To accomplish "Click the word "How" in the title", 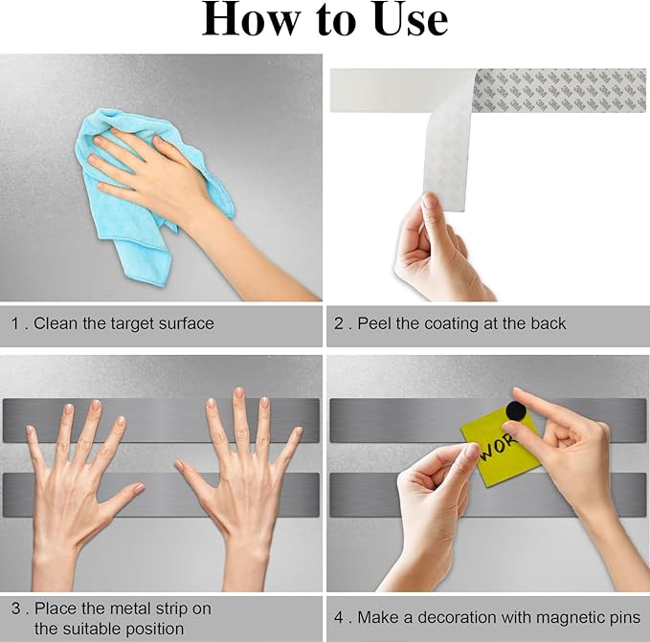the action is click(251, 19).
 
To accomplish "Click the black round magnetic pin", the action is click(516, 412).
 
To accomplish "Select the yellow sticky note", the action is click(500, 450).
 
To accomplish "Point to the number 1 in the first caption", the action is click(15, 324).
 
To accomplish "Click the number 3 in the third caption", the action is click(16, 609).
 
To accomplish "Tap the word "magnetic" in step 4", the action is click(567, 618).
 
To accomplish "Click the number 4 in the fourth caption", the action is click(339, 618).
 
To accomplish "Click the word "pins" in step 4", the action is click(625, 618).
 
